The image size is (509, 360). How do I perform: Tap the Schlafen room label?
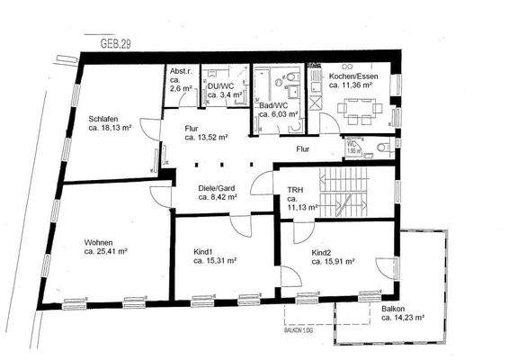point(107,118)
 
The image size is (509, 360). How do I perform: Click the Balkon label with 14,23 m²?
point(393,309)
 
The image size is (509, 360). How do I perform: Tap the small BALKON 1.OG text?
point(308,331)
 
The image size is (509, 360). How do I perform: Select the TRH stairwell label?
point(295,190)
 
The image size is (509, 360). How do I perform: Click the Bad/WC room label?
point(272,104)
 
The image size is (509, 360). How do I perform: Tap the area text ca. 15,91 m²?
point(333,264)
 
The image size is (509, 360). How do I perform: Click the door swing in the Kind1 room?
point(238,225)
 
